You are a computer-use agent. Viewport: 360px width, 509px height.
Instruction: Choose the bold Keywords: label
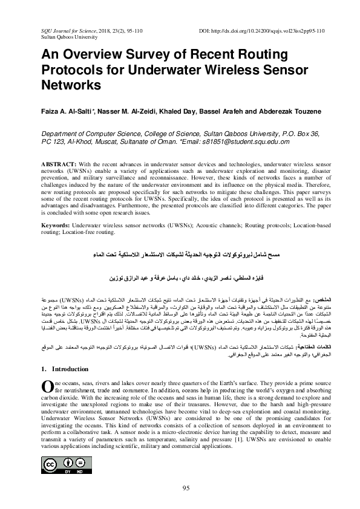(x=58, y=224)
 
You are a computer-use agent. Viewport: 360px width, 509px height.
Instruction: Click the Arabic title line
(x=180, y=249)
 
